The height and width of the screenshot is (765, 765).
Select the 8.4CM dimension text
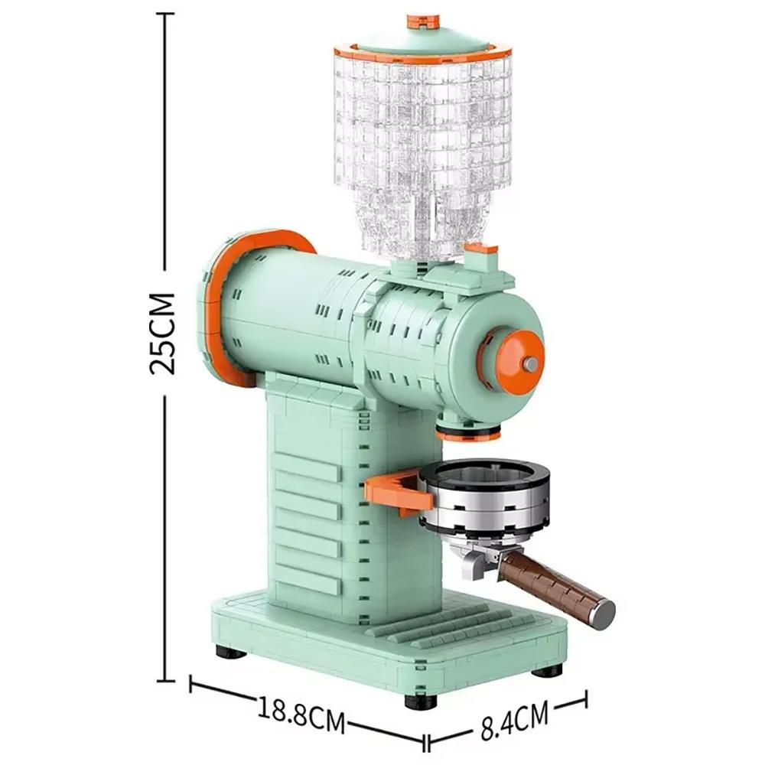click(515, 721)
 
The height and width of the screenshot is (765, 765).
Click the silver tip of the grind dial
click(529, 363)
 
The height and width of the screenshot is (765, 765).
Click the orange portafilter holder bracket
click(395, 490)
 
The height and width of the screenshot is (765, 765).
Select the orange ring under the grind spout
click(468, 434)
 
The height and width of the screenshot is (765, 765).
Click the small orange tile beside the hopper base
click(481, 249)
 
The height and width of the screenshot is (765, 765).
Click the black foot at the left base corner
click(230, 652)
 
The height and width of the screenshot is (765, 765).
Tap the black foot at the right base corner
click(548, 670)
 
